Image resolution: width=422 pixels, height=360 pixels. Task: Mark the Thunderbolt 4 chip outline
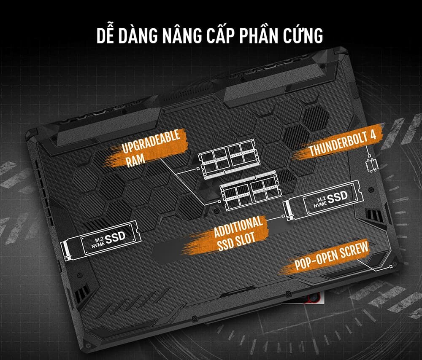(x=372, y=164)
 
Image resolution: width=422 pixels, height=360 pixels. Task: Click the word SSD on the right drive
(x=337, y=196)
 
